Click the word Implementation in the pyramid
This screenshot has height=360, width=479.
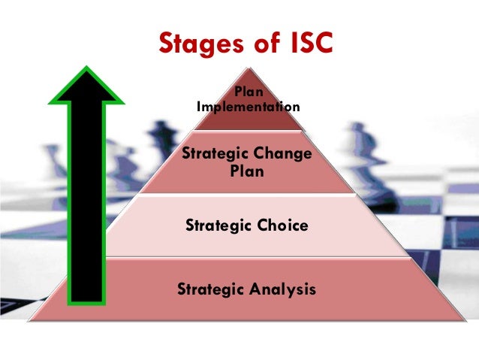coord(248,107)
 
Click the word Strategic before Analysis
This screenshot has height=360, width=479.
coord(210,288)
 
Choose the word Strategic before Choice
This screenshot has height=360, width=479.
coord(216,224)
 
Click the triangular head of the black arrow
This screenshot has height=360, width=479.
coord(85,85)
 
